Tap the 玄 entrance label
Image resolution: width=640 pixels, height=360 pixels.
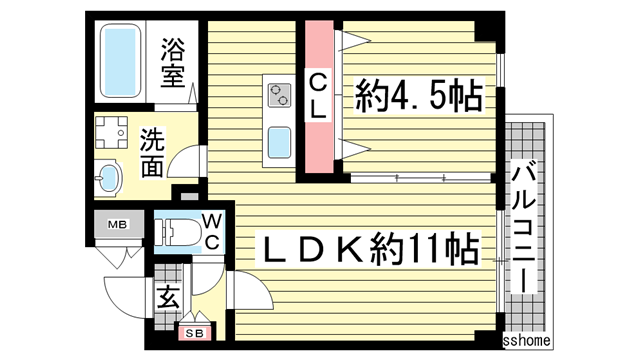coord(167,298)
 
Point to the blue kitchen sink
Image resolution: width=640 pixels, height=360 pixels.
coord(278,140)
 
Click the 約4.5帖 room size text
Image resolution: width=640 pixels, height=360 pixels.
coord(419,97)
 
